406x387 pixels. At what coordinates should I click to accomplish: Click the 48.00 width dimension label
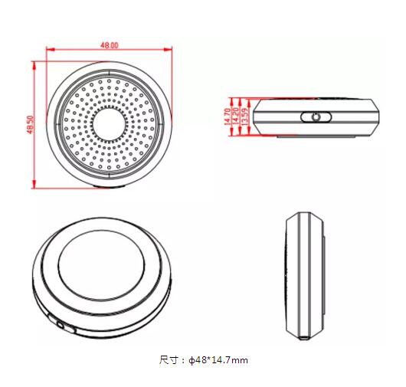[x=109, y=45]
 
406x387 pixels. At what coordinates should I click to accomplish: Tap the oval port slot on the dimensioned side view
[x=313, y=117]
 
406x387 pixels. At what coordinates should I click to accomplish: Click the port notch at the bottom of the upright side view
[x=306, y=336]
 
